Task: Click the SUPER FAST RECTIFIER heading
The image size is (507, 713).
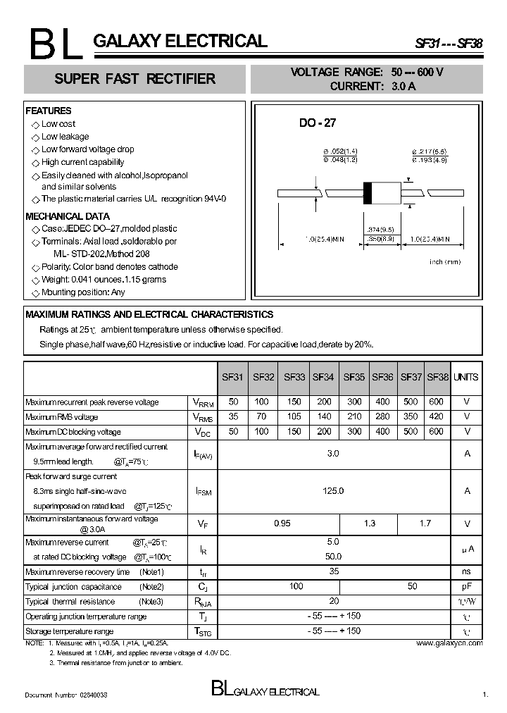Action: pos(135,79)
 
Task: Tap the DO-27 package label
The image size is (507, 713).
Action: pos(318,123)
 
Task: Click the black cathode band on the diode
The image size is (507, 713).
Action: pos(367,193)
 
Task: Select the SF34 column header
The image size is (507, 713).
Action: pos(323,377)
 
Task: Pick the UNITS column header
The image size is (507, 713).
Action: pos(466,377)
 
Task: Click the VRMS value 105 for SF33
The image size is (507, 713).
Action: pos(294,417)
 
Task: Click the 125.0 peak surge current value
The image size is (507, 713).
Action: pos(333,490)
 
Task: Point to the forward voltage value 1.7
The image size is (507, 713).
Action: pos(425,523)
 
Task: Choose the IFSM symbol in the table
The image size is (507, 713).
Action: pos(203,491)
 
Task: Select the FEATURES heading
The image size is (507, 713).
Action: pos(49,111)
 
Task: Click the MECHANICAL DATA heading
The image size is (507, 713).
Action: pos(68,216)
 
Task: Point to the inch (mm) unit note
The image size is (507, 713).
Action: pos(445,262)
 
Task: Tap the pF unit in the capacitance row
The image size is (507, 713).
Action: pos(466,586)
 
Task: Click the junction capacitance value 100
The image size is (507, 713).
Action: pos(296,586)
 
